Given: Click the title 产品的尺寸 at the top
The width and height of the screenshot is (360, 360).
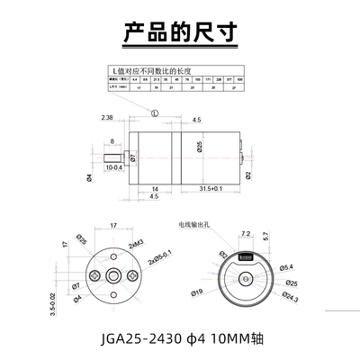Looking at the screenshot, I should (179, 32).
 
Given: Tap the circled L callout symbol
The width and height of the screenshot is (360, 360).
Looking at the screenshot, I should (154, 114).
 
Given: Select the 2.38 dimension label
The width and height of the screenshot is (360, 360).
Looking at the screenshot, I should (106, 117).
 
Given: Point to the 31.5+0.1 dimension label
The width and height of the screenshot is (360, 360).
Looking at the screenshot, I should (211, 187).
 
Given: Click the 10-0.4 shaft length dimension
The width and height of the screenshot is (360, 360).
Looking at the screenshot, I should (113, 167).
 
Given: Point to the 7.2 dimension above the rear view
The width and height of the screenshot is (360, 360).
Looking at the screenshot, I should (245, 233).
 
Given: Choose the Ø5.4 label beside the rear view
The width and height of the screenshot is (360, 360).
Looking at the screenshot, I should (286, 266).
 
